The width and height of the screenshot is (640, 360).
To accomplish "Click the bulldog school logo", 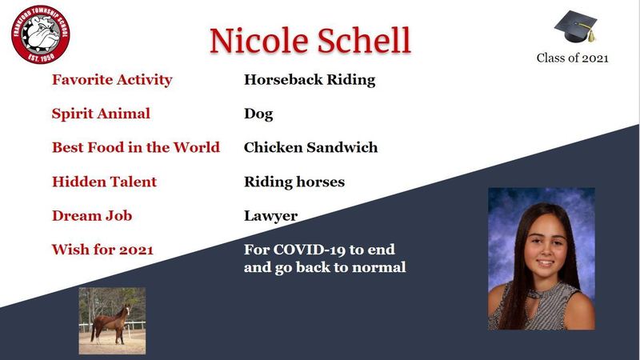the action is coord(41,34).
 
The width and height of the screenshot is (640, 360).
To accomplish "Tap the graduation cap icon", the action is coord(575,26).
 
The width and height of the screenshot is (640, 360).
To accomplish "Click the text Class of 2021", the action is coord(572,58).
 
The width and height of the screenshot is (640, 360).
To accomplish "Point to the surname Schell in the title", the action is coord(364,41).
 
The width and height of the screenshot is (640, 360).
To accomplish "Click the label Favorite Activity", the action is coord(112,79).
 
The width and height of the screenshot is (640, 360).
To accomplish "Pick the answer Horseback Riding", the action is coord(310,79).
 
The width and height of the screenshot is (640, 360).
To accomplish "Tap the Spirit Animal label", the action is coord(101,114).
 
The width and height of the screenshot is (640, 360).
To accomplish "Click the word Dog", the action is coord(258,114).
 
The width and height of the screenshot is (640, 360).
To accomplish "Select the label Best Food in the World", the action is coord(136,147).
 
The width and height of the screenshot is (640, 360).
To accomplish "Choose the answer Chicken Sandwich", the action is coord(310,147).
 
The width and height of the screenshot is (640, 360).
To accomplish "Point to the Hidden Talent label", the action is coord(104,182).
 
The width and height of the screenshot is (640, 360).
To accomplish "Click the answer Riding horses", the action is coord(294,182).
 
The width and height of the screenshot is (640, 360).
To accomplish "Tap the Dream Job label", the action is coord(92,215).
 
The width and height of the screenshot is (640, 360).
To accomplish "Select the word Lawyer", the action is coord(270,216).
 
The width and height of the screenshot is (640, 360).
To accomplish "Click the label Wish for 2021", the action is coord(102,250).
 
